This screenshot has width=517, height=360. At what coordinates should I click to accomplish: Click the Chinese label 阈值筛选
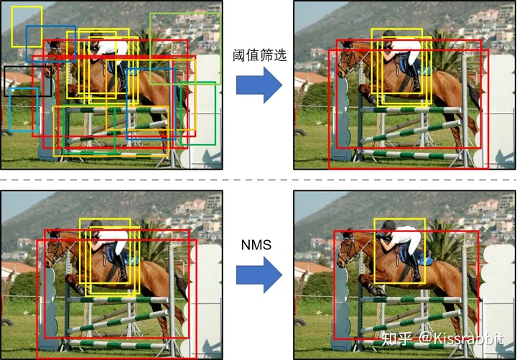[260, 55]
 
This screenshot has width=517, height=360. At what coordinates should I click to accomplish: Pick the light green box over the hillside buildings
[185, 14]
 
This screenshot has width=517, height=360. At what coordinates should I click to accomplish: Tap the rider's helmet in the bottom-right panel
[388, 226]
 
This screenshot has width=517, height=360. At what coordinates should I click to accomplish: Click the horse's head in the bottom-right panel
[348, 248]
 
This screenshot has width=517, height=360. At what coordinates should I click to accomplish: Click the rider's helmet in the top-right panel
[388, 35]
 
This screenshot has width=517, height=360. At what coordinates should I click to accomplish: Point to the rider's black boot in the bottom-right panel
[415, 272]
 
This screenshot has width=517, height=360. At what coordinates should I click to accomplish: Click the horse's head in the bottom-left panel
[54, 249]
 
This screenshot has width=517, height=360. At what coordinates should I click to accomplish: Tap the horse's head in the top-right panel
[348, 59]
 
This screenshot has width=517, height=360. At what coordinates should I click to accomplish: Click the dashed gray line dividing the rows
[258, 179]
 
